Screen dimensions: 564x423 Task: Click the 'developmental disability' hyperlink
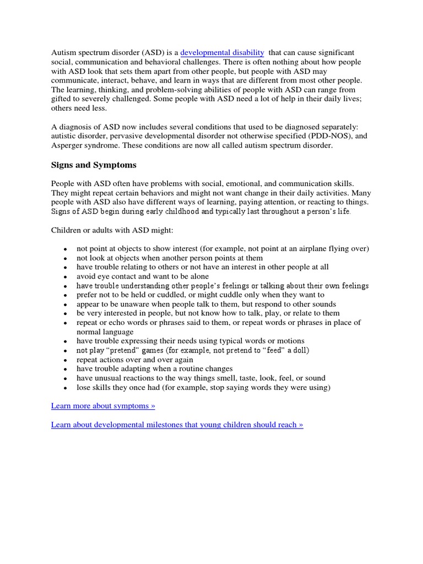pos(222,53)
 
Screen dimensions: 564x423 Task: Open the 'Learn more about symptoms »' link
pos(103,406)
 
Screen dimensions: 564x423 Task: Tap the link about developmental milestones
pos(177,425)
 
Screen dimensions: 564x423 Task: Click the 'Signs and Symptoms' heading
pos(94,165)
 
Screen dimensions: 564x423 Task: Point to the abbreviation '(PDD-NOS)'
pos(328,136)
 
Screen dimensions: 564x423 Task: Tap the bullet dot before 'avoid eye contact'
pos(65,277)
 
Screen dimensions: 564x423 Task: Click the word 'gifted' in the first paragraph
pos(63,99)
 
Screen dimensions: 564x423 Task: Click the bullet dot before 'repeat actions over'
pos(65,360)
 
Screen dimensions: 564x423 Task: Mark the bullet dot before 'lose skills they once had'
pos(65,388)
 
